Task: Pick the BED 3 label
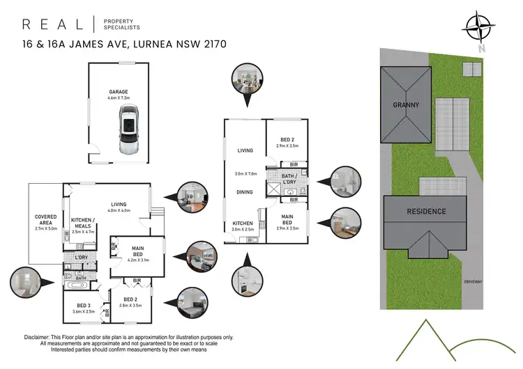coord(84,306)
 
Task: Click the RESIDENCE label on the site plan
coord(426,211)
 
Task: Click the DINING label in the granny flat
coord(244,191)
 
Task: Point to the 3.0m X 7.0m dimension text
coord(245,173)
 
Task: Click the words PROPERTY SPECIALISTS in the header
coord(123,25)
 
